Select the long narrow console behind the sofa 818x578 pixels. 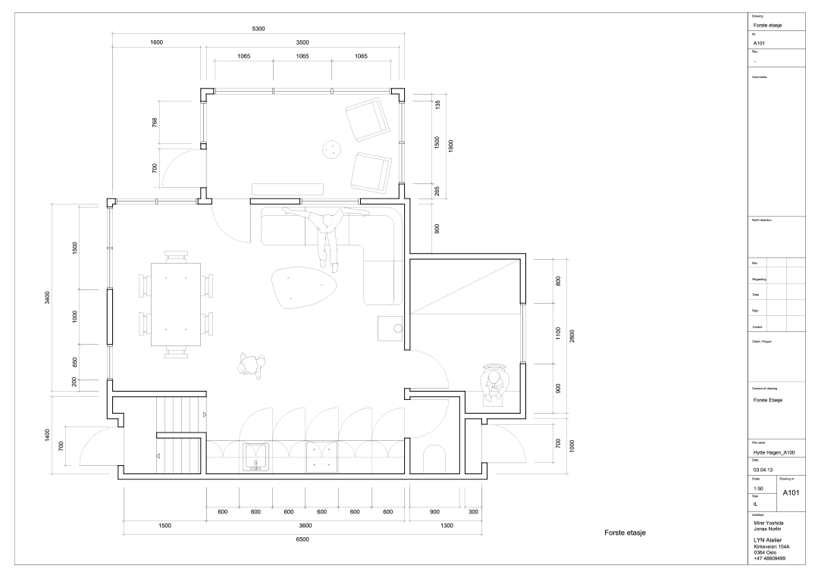click(x=287, y=189)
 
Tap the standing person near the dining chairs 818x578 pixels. click(x=250, y=366)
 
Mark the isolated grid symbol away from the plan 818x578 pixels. click(x=776, y=294)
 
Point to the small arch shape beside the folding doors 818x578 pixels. click(x=434, y=459)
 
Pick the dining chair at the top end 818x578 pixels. click(x=176, y=256)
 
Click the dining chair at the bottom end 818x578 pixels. click(x=176, y=352)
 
